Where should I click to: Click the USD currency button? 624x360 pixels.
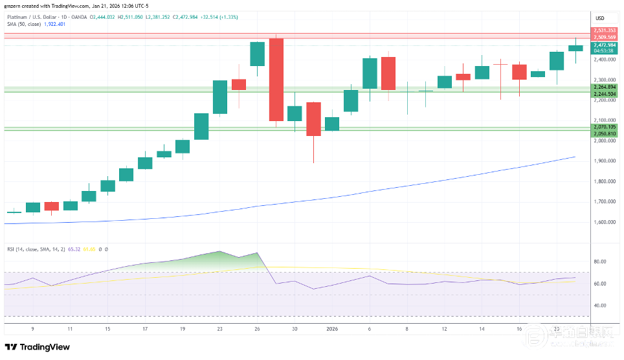click(600, 17)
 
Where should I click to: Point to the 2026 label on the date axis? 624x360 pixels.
click(332, 329)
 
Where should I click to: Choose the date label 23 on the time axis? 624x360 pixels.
click(220, 329)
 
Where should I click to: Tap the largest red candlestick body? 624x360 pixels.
click(276, 80)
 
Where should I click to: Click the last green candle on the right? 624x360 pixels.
click(575, 48)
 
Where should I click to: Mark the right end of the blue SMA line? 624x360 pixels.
click(575, 157)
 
